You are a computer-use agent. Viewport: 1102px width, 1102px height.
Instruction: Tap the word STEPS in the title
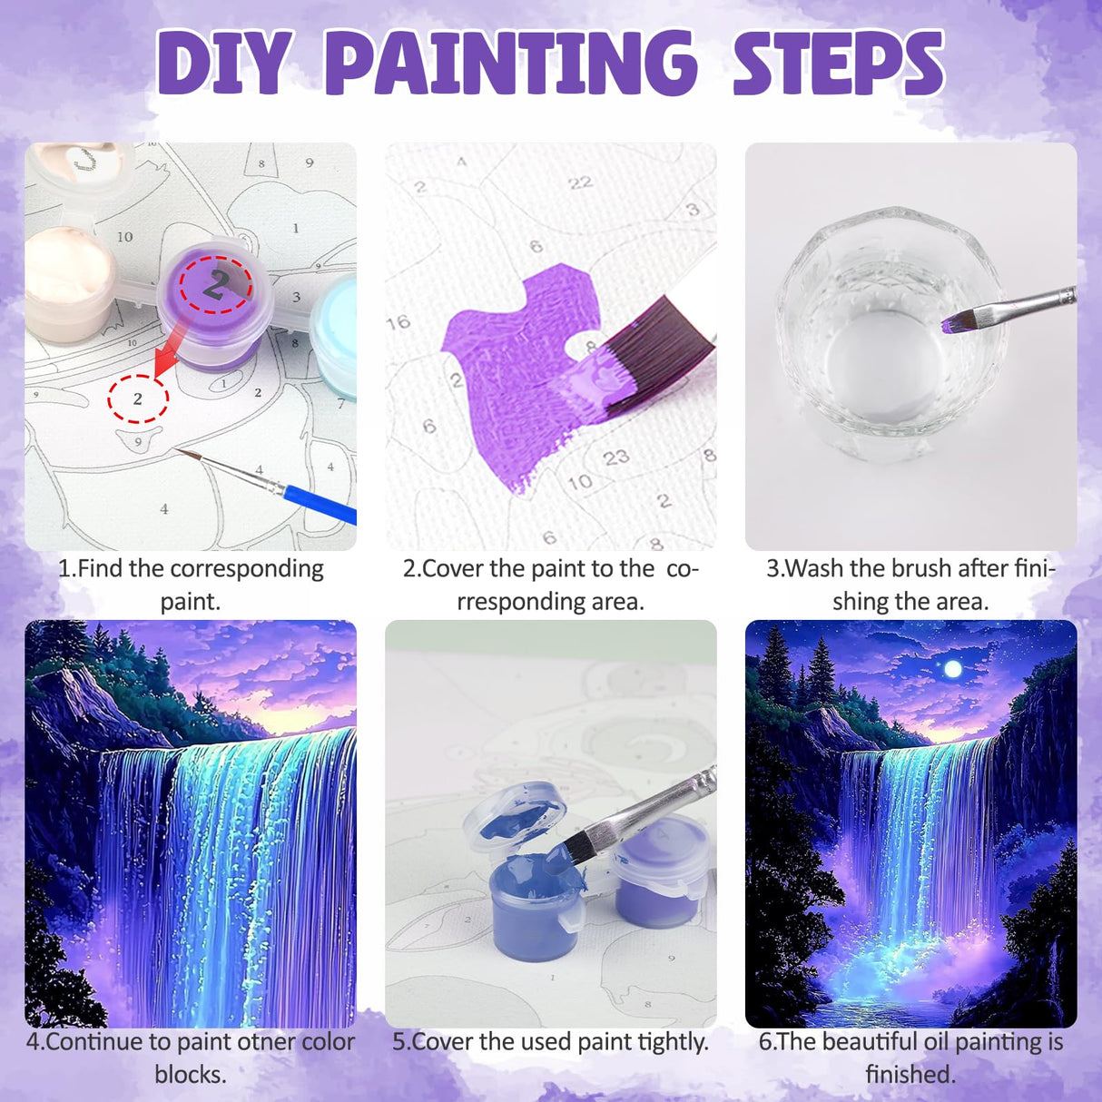[838, 64]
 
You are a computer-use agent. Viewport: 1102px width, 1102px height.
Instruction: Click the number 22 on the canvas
[580, 183]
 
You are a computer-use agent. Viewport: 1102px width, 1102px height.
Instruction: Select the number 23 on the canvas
[616, 457]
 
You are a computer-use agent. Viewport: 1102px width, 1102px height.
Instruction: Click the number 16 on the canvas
[398, 322]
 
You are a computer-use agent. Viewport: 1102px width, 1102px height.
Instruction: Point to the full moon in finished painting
[952, 669]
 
